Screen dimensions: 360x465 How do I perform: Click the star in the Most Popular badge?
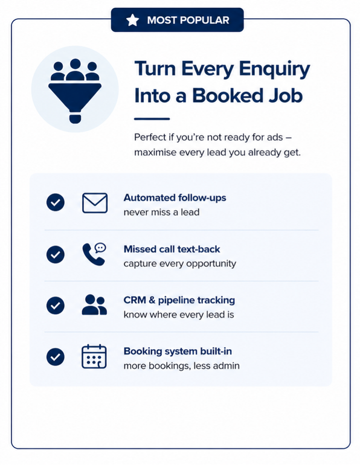132,20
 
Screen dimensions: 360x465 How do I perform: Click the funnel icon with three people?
75,91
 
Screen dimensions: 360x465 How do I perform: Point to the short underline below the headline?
152,119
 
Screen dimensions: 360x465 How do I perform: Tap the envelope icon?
95,203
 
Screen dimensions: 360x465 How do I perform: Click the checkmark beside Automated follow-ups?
56,202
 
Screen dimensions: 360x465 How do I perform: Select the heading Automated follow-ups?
175,198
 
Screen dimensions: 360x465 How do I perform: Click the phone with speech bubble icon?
94,254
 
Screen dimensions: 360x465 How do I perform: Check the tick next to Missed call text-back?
56,254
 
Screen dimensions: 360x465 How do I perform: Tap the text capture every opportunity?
180,264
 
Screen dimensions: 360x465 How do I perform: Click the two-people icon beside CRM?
94,304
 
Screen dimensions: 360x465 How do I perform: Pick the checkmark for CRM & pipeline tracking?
56,306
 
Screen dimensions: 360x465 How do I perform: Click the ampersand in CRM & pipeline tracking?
152,300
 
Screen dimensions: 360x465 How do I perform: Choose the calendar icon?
94,356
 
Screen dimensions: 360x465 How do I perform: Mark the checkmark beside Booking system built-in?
56,357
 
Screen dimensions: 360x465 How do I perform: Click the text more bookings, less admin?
181,365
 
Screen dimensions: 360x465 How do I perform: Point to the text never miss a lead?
162,213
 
